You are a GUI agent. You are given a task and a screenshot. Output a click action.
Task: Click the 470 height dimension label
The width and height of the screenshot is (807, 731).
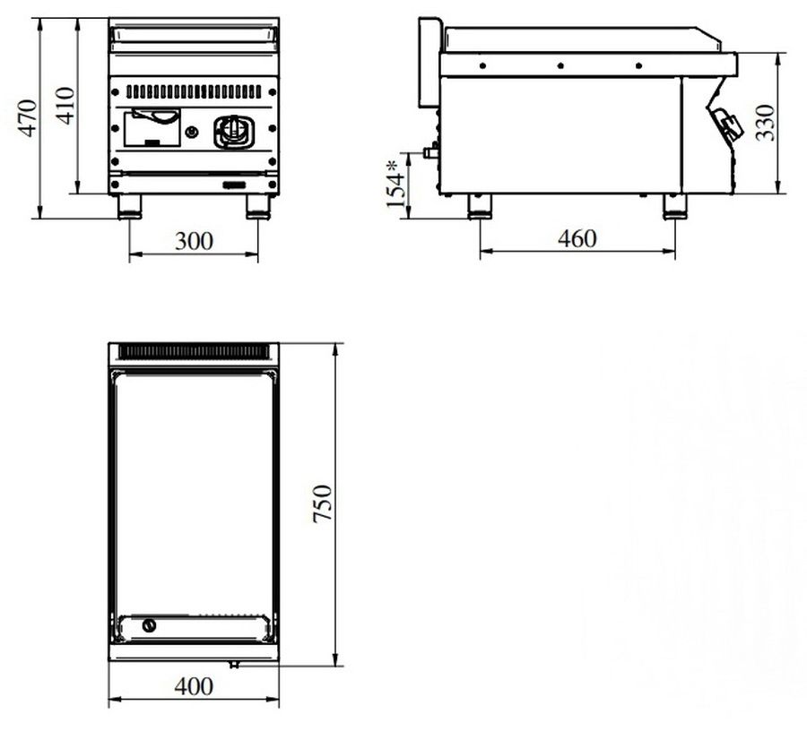(28, 117)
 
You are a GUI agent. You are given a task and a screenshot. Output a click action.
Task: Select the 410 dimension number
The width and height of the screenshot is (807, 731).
(65, 106)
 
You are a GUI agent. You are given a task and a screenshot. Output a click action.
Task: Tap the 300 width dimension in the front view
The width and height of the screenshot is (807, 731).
(194, 241)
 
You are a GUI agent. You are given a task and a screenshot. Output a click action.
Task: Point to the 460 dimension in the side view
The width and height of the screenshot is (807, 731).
(577, 238)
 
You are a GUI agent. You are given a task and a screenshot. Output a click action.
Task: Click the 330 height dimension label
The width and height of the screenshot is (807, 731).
(765, 123)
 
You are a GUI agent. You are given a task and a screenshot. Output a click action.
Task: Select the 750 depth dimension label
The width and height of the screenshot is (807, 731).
(323, 503)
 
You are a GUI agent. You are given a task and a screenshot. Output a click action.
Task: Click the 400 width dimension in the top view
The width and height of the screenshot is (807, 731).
(194, 686)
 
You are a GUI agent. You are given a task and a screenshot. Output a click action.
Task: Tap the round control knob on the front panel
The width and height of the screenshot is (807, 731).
(234, 132)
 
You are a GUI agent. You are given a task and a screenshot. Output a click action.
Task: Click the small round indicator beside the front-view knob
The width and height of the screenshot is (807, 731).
(192, 132)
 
